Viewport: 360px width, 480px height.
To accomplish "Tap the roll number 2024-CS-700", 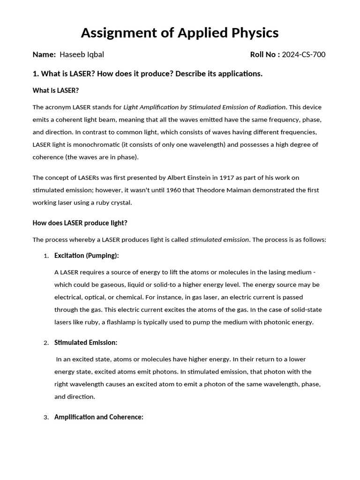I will tap(303, 54).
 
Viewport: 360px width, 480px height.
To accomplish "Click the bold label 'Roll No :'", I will tap(265, 54).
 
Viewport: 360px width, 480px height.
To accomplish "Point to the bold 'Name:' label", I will tap(44, 54).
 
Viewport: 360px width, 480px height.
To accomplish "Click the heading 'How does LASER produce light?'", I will tap(80, 223).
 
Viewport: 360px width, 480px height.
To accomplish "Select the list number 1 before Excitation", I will tap(46, 256).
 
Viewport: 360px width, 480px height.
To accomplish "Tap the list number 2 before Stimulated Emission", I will tap(46, 343).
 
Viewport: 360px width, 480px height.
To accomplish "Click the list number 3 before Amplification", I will tap(46, 418).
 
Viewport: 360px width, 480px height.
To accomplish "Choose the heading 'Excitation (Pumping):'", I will tap(86, 255).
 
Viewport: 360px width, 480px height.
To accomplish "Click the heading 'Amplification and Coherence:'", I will tap(98, 417).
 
